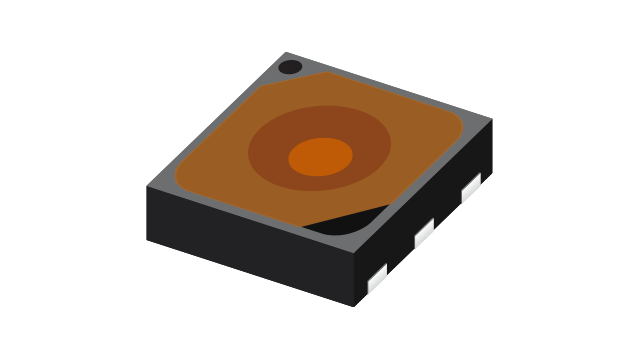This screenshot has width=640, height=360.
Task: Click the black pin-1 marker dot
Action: click(290, 67)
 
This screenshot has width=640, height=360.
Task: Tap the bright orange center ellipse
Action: click(321, 157)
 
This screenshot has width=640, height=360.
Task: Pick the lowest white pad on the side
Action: click(377, 279)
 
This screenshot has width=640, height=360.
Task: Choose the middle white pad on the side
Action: click(424, 233)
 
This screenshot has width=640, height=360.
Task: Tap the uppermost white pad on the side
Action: click(471, 187)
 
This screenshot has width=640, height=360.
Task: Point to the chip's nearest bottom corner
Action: click(352, 305)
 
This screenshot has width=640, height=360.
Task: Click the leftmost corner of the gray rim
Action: click(148, 187)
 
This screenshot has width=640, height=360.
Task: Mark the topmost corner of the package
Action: click(286, 52)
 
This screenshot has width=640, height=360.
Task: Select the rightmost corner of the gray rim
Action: click(491, 119)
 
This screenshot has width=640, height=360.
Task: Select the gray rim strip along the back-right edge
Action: click(400, 87)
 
